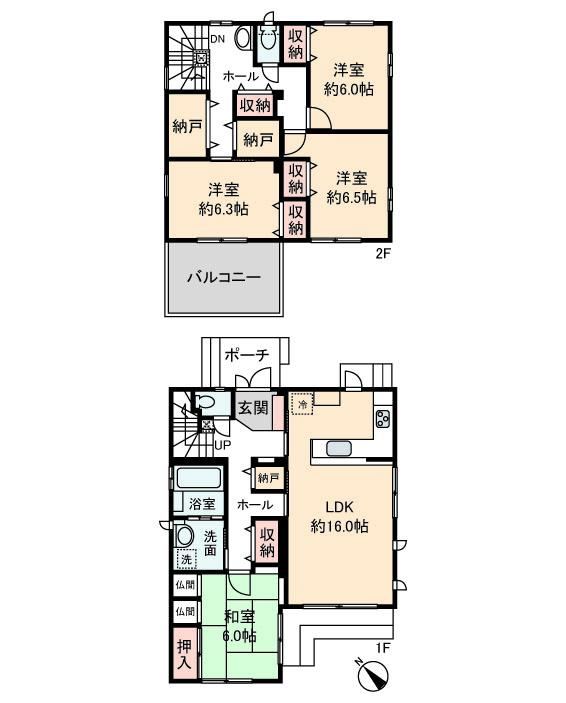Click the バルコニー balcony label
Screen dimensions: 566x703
[x=224, y=277]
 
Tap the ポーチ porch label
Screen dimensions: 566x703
[x=246, y=356]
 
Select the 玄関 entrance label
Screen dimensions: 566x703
[x=253, y=408]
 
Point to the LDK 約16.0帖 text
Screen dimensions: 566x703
[x=340, y=516]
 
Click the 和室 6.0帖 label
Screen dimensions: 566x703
[x=240, y=626]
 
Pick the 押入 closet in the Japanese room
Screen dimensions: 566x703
[x=185, y=654]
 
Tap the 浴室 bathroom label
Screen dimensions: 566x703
[x=202, y=503]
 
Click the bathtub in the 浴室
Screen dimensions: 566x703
[x=199, y=478]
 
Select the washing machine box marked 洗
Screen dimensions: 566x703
[x=186, y=559]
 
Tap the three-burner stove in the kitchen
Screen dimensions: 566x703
[x=384, y=419]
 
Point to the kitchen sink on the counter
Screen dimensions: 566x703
[x=340, y=449]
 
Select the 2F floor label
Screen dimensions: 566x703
[x=383, y=254]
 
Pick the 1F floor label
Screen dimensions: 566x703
[x=381, y=648]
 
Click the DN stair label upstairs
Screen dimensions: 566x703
[x=218, y=39]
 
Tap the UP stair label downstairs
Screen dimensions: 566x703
[x=222, y=445]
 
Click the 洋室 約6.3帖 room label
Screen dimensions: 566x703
[x=223, y=200]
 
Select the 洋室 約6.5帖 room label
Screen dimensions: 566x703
[x=352, y=188]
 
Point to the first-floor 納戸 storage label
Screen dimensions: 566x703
[x=268, y=478]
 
